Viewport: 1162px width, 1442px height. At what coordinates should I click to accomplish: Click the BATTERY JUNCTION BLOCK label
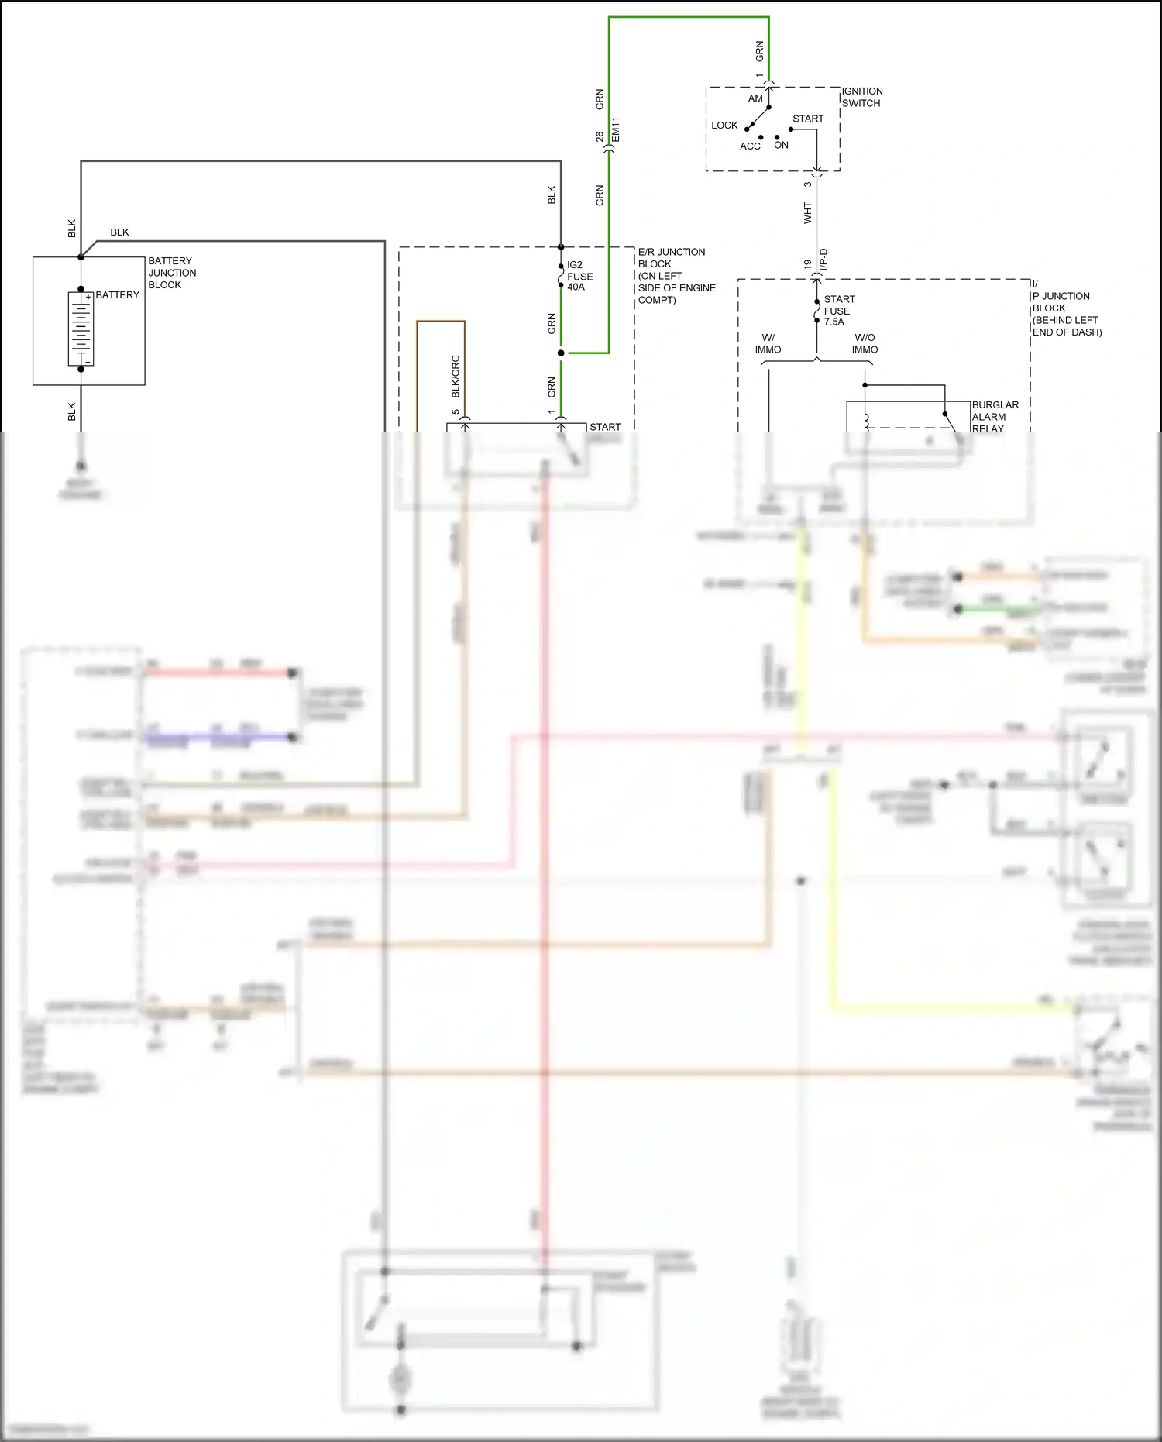tap(172, 273)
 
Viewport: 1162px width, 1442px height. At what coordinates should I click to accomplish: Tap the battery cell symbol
tap(81, 329)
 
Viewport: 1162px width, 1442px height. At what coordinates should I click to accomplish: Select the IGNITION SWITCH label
tap(861, 97)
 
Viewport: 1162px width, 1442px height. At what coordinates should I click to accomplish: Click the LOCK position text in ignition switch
tap(724, 125)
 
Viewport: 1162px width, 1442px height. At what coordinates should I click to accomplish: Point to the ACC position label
tap(750, 146)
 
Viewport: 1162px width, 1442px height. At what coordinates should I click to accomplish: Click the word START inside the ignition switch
tap(808, 119)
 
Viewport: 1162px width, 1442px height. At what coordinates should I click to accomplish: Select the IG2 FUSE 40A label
tap(579, 276)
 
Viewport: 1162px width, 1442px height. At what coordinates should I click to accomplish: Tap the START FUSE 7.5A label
tap(839, 310)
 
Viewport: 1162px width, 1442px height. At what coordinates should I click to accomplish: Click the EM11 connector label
tap(616, 130)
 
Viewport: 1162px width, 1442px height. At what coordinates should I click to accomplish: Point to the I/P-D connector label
tap(823, 260)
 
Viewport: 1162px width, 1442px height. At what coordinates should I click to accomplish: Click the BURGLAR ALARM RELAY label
tap(995, 417)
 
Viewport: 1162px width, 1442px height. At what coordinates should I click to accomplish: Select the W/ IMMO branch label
tap(768, 343)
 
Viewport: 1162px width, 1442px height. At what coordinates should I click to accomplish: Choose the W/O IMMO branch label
tap(865, 343)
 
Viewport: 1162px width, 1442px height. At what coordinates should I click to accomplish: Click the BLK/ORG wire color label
tap(456, 377)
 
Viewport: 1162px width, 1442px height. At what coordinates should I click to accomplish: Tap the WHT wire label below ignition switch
tap(807, 214)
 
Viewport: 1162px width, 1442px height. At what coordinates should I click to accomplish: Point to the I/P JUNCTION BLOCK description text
tap(1066, 314)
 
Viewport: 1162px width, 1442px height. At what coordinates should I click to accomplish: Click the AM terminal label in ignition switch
tap(755, 98)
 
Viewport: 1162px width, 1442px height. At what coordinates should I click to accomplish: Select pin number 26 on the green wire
tap(600, 136)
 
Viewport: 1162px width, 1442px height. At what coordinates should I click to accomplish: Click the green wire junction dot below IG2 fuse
tap(561, 353)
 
